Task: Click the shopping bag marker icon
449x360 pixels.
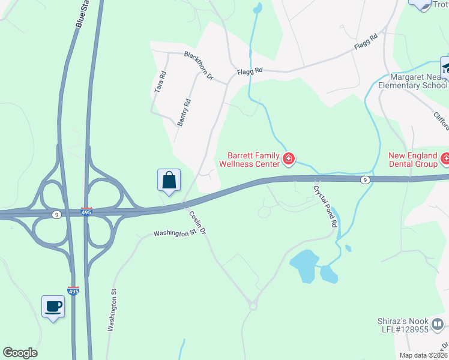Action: [169, 180]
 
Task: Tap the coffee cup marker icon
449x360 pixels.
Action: [53, 306]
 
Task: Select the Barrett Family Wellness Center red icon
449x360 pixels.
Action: [289, 159]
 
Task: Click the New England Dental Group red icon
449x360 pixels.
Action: [445, 159]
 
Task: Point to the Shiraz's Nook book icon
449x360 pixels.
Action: [438, 325]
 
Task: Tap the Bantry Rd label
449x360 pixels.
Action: [184, 112]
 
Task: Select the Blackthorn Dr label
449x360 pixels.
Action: [199, 66]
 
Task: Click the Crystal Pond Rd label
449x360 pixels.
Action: [325, 205]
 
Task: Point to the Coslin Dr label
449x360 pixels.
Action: [197, 223]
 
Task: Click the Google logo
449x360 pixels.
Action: [20, 353]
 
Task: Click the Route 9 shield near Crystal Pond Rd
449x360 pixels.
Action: [365, 179]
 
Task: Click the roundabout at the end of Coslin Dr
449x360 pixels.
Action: [253, 306]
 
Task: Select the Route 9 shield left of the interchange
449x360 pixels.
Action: [55, 215]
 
